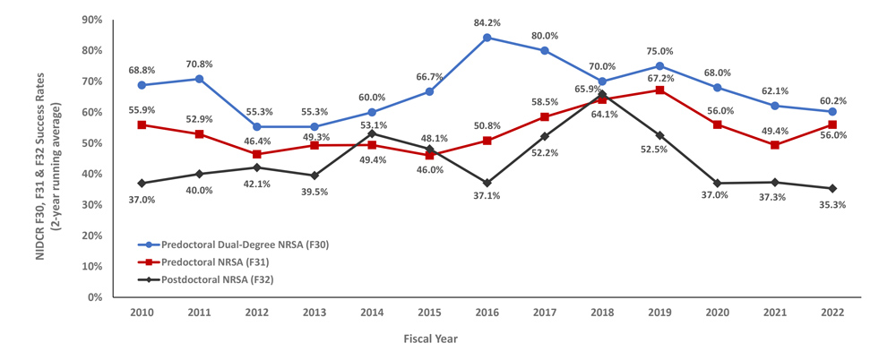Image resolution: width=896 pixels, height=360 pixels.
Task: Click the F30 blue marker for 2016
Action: point(487,38)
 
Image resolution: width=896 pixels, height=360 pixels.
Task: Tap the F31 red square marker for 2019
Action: point(659,90)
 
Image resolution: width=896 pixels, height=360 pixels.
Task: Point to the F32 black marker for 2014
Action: point(372,133)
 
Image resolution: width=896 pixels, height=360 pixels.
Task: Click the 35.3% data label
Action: point(832,204)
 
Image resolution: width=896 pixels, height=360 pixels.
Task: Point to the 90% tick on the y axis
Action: point(90,20)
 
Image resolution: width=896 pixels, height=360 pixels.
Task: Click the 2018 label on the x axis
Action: point(602,313)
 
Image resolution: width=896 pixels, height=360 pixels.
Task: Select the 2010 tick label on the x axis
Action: point(142,313)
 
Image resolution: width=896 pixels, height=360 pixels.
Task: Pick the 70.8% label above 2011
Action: point(200,64)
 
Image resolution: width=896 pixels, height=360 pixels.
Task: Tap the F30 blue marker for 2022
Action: point(832,112)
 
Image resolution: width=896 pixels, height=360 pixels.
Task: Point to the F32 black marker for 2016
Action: point(487,183)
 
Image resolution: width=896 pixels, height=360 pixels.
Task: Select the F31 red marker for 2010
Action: point(142,124)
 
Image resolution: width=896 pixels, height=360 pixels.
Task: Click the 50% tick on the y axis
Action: point(90,143)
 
